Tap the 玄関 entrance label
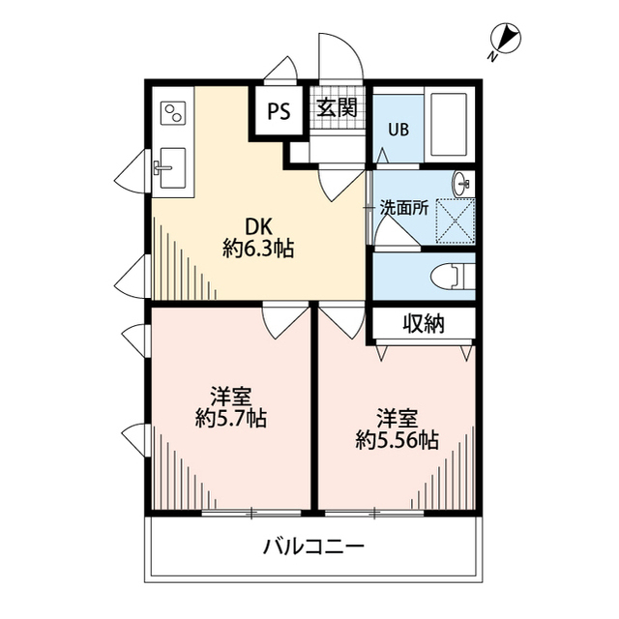(335, 107)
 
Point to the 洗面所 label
(403, 206)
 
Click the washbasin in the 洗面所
(462, 181)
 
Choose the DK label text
(257, 226)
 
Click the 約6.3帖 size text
(257, 249)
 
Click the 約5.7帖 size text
(231, 419)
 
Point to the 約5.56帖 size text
(397, 440)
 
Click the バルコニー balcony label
(313, 547)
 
